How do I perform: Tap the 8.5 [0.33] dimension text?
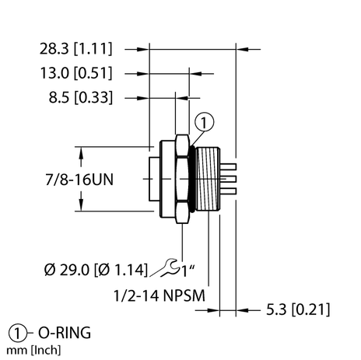pos(81,98)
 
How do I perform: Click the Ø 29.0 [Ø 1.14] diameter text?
pos(93,270)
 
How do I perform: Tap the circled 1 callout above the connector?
pos(202,121)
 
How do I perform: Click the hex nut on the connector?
pos(181,178)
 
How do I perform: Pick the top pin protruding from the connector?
pos(230,165)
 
